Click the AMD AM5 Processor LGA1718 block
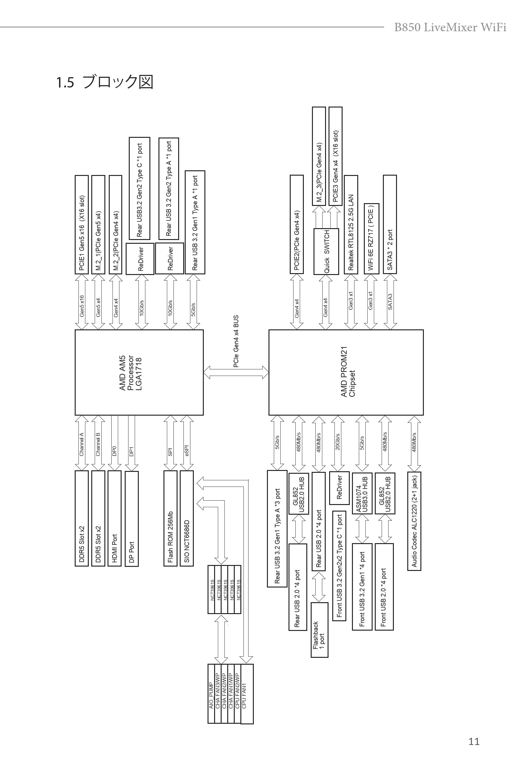click(x=139, y=372)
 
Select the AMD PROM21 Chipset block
click(x=346, y=372)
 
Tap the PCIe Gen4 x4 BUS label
click(x=236, y=341)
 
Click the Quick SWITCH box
click(x=326, y=252)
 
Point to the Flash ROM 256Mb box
click(x=170, y=518)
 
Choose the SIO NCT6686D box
click(x=187, y=518)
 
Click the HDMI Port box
click(x=114, y=518)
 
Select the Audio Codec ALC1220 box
click(x=414, y=521)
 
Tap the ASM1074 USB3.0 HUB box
click(x=362, y=493)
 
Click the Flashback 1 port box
click(x=319, y=630)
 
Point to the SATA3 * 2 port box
click(x=390, y=224)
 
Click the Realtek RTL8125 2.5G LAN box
click(x=351, y=224)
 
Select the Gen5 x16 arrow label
click(x=82, y=306)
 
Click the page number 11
click(x=474, y=741)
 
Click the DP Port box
click(x=132, y=519)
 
